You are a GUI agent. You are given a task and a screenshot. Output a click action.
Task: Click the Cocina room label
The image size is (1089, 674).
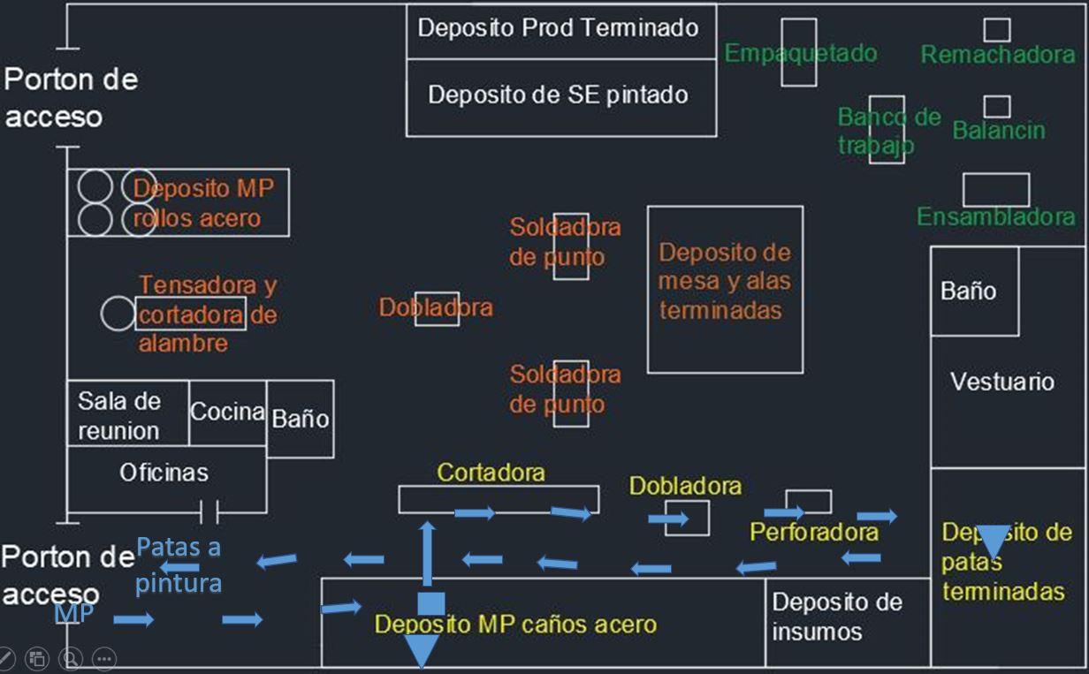tap(227, 412)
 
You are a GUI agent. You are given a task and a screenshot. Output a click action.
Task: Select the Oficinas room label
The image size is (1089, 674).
tap(164, 473)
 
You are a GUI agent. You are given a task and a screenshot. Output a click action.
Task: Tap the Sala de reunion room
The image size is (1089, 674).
tap(119, 416)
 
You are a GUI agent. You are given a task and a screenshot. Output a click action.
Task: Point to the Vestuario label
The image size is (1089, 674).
tap(1002, 382)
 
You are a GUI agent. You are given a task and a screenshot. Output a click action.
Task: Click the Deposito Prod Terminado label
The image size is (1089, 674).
tap(558, 27)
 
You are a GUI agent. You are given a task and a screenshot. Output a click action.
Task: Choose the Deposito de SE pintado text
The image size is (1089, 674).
tap(558, 95)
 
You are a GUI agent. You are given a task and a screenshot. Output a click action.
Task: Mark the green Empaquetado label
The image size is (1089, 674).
tap(801, 54)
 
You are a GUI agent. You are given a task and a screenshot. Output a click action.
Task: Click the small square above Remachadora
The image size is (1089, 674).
tap(997, 30)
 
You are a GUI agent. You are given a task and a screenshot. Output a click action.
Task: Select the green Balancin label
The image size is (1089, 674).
tap(999, 130)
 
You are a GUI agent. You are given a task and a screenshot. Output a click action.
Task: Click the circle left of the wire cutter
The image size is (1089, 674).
tap(118, 314)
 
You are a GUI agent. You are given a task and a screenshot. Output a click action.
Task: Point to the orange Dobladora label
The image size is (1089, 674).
tap(436, 307)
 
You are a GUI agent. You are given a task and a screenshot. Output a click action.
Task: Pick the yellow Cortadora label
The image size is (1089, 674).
tap(491, 473)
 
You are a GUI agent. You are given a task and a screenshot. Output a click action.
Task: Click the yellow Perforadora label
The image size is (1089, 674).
tap(814, 532)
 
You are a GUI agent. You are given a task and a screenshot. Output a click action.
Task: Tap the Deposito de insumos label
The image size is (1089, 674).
tap(837, 617)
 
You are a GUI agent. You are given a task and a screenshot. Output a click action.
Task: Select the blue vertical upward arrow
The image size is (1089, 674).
tap(427, 554)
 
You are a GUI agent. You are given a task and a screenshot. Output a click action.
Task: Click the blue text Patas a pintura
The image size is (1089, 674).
tap(179, 565)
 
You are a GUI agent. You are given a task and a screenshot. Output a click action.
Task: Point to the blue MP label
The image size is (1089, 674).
tap(74, 613)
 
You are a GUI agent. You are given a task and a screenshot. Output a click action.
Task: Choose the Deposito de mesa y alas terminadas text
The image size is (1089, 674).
tap(725, 281)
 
